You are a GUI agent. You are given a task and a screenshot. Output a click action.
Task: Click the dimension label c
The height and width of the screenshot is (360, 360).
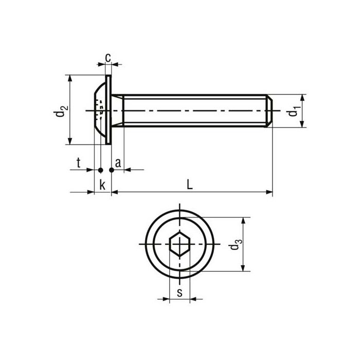click(x=108, y=57)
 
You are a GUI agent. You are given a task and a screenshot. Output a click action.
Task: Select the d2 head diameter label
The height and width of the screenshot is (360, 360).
click(x=61, y=111)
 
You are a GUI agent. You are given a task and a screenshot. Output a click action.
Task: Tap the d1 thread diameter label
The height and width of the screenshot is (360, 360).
click(x=293, y=111)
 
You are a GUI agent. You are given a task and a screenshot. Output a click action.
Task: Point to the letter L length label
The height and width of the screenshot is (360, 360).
click(x=190, y=185)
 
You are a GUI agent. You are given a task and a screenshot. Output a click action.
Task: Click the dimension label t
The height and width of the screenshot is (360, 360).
click(x=78, y=163)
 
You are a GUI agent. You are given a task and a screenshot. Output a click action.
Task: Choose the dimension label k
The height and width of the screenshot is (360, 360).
click(x=102, y=185)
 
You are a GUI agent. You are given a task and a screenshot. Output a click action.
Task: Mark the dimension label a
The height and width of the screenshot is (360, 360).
click(x=118, y=163)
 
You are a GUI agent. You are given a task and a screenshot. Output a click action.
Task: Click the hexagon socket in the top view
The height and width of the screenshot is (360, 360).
click(x=179, y=244)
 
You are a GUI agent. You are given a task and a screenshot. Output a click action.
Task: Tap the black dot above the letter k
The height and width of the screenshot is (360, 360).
click(x=101, y=170)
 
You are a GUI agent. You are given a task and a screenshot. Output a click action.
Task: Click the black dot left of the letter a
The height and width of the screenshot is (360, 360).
click(x=111, y=170)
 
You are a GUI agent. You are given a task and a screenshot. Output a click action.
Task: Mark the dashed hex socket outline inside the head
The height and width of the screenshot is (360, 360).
click(x=100, y=109)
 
